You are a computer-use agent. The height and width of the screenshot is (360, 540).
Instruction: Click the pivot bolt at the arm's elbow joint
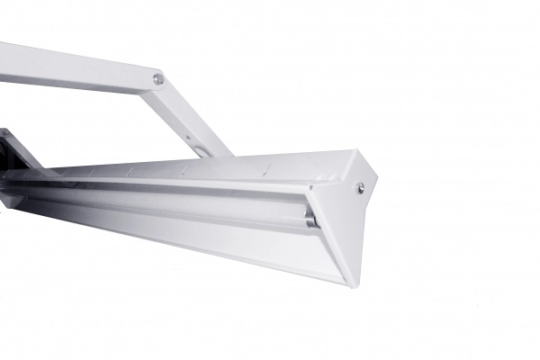tap(158, 79)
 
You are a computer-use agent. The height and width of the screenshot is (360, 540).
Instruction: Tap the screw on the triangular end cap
tap(360, 187)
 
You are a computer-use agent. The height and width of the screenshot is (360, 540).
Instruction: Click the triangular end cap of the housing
tap(346, 216)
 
